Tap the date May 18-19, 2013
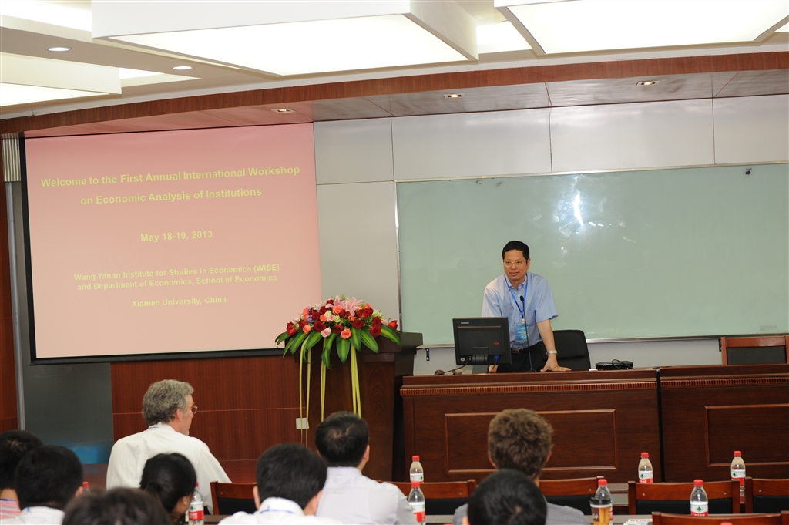point(176,236)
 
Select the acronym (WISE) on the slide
point(266,268)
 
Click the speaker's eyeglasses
point(514,263)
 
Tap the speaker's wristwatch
point(552,352)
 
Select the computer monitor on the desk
point(481,342)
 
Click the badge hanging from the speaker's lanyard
point(522,332)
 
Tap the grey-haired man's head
point(167,403)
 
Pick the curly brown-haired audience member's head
point(520,442)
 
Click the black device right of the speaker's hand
point(614,365)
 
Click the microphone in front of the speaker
point(525,332)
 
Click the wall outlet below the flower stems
point(302,423)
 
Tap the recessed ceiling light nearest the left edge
point(59,49)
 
